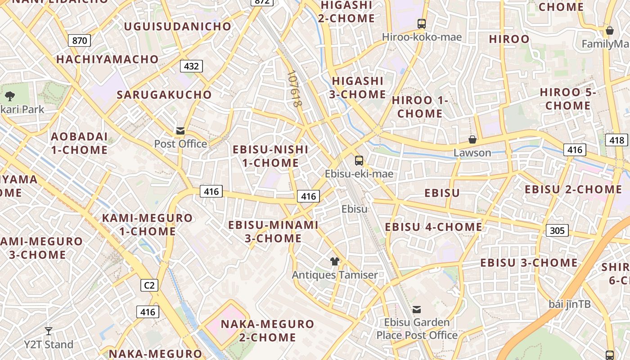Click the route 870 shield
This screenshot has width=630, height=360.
[79, 40]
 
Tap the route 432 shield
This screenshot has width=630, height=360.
[191, 66]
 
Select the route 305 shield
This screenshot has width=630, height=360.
[557, 230]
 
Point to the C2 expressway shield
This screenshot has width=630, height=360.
[149, 285]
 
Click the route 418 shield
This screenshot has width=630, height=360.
[616, 140]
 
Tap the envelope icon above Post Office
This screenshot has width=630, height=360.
[180, 131]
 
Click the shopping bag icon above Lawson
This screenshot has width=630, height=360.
[472, 139]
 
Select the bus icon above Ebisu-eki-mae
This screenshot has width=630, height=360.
[359, 160]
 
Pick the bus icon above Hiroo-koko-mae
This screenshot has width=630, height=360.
[422, 23]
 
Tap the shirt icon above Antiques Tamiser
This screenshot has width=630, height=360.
[334, 261]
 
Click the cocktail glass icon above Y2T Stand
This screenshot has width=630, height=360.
[49, 331]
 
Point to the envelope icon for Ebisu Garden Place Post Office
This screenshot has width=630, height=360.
[417, 309]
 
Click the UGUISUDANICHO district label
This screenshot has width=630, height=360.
[177, 26]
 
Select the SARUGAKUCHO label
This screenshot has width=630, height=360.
[164, 94]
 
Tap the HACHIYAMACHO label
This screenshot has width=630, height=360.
[107, 59]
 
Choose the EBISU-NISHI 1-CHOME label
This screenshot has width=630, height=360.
[270, 156]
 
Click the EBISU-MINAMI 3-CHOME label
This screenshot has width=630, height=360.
[273, 231]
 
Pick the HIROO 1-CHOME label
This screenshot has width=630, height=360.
[420, 107]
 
